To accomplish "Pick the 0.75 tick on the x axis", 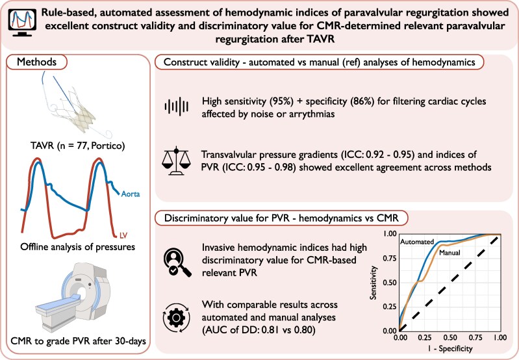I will click(x=475, y=339).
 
